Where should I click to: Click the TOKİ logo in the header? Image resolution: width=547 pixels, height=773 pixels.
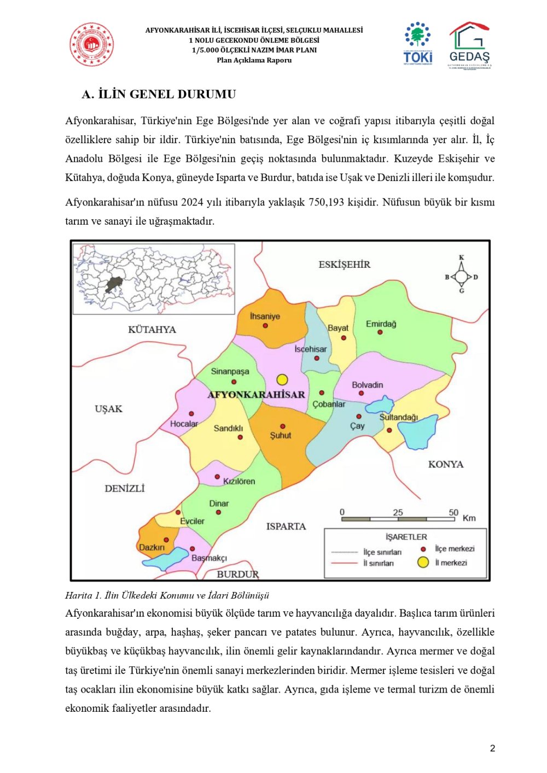pyautogui.click(x=418, y=43)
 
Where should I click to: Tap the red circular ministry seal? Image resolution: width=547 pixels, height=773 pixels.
pyautogui.click(x=91, y=45)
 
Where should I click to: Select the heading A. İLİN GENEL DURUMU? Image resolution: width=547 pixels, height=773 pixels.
pyautogui.click(x=159, y=94)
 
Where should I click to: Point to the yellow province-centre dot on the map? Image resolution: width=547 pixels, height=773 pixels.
pyautogui.click(x=282, y=379)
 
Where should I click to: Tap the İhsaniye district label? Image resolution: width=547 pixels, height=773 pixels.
pyautogui.click(x=265, y=316)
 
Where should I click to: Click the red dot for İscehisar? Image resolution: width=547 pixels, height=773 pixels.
pyautogui.click(x=317, y=358)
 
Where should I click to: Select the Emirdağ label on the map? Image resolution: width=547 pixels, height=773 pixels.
pyautogui.click(x=381, y=324)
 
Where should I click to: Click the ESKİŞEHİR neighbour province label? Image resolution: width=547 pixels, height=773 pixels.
pyautogui.click(x=344, y=265)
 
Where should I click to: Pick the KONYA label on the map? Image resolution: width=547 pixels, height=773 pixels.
pyautogui.click(x=445, y=464)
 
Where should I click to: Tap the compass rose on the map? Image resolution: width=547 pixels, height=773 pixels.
pyautogui.click(x=461, y=277)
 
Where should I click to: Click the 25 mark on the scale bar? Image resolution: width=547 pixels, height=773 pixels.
pyautogui.click(x=398, y=512)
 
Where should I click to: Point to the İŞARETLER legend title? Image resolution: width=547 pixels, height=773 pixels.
pyautogui.click(x=406, y=537)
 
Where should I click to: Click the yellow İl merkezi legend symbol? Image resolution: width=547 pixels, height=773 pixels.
pyautogui.click(x=423, y=562)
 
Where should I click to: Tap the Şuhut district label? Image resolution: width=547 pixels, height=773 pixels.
pyautogui.click(x=281, y=436)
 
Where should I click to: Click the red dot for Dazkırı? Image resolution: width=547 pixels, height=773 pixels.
pyautogui.click(x=166, y=540)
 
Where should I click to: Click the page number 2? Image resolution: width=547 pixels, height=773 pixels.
pyautogui.click(x=492, y=748)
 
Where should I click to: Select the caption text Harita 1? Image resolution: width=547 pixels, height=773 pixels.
pyautogui.click(x=83, y=595)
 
